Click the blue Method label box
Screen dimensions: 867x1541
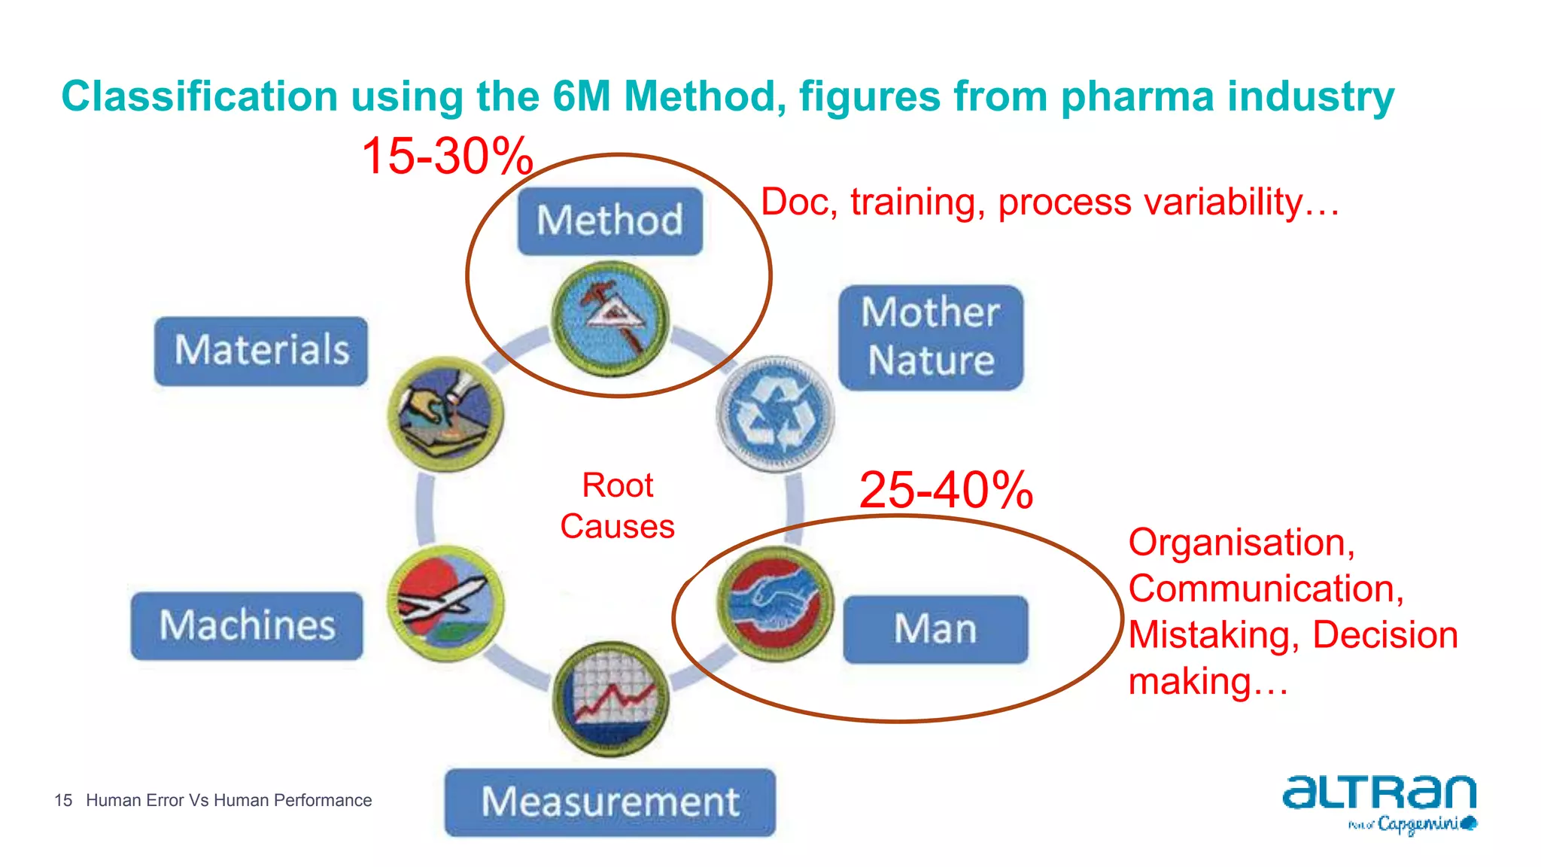point(609,221)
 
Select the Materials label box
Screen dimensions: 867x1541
point(261,351)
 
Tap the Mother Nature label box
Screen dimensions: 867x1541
point(931,337)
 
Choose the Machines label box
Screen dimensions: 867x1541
point(247,625)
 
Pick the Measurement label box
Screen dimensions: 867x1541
point(609,802)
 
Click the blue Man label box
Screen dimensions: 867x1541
point(935,629)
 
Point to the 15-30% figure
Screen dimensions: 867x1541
point(447,157)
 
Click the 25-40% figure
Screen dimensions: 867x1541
point(946,490)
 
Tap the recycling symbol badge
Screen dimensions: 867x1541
point(776,414)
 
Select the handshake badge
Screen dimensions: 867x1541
point(776,604)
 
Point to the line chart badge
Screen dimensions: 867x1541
point(610,698)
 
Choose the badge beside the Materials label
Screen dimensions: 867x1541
point(445,414)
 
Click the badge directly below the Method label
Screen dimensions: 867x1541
point(610,319)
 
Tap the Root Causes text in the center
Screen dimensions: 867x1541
point(617,506)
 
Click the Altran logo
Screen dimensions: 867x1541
point(1379,802)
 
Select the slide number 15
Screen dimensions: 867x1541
point(63,800)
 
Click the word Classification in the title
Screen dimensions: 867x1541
point(199,97)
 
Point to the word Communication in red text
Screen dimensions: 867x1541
point(1266,589)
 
